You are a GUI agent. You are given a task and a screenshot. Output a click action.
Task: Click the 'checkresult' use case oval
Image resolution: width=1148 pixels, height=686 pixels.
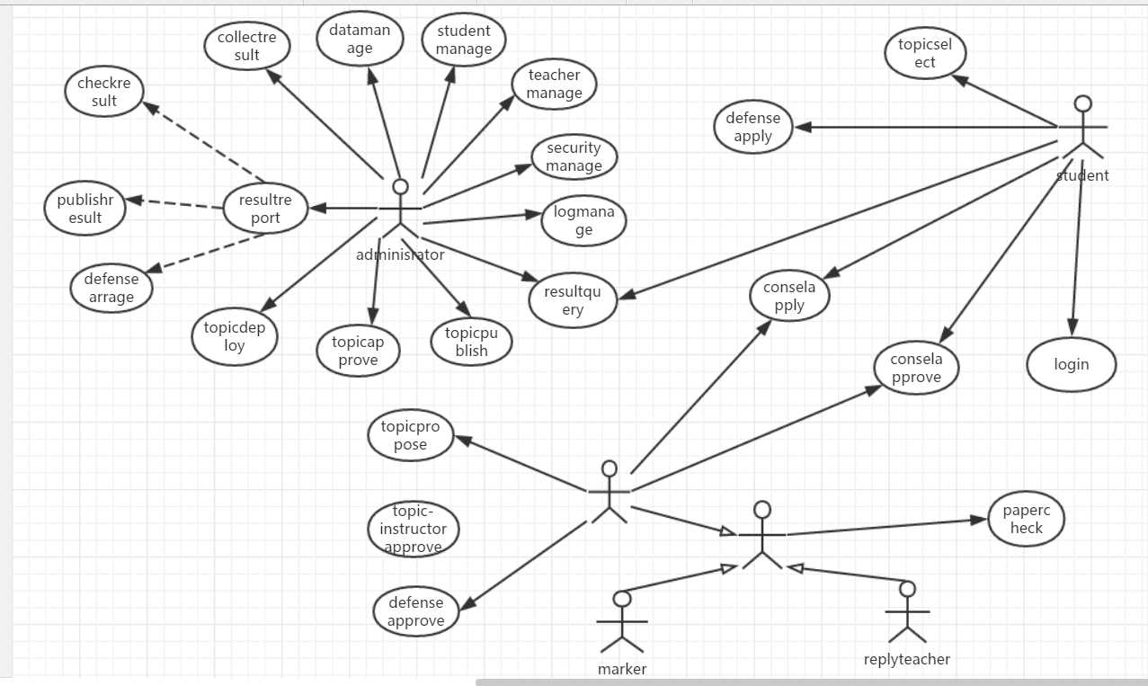[104, 92]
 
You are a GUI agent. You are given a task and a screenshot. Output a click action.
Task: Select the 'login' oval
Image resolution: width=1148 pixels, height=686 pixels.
[1071, 364]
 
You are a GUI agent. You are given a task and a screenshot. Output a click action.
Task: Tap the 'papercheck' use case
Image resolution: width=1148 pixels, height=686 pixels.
[1026, 519]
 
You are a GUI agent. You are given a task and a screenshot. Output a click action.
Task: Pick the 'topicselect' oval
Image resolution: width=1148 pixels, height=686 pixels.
[925, 53]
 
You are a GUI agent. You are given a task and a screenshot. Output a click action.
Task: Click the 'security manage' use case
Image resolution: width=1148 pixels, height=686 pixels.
[574, 156]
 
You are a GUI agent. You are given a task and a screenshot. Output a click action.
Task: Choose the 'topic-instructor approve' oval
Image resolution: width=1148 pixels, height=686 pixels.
[413, 529]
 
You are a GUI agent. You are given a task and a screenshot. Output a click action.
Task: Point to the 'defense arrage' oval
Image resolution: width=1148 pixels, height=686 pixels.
[111, 288]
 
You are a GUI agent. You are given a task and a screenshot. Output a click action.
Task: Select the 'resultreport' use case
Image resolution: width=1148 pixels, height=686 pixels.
[265, 209]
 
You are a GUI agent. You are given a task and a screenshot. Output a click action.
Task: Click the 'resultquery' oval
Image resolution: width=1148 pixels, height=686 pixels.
[573, 300]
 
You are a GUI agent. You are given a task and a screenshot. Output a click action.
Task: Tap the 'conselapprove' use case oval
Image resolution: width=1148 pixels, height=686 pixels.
[916, 368]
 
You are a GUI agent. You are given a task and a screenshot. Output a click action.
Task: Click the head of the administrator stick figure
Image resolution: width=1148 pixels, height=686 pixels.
[400, 187]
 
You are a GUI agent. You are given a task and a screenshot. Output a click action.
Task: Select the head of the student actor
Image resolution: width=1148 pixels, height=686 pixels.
[1083, 103]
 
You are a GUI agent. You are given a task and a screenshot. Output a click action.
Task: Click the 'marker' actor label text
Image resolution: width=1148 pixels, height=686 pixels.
[622, 669]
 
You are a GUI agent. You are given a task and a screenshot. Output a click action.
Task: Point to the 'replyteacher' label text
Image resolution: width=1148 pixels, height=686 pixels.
[906, 659]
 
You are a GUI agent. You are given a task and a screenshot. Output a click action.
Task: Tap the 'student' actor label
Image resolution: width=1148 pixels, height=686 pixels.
[1082, 175]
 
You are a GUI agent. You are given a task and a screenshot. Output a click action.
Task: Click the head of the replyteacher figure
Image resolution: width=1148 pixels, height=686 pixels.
[907, 589]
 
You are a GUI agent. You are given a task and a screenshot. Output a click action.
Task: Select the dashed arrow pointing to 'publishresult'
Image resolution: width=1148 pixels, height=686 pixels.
[174, 203]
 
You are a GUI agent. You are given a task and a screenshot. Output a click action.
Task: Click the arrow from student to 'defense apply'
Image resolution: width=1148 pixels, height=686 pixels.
[926, 127]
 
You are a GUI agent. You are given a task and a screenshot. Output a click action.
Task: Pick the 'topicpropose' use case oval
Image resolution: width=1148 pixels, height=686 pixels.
[411, 435]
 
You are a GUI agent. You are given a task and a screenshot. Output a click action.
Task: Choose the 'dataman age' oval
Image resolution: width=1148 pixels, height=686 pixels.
[360, 39]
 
